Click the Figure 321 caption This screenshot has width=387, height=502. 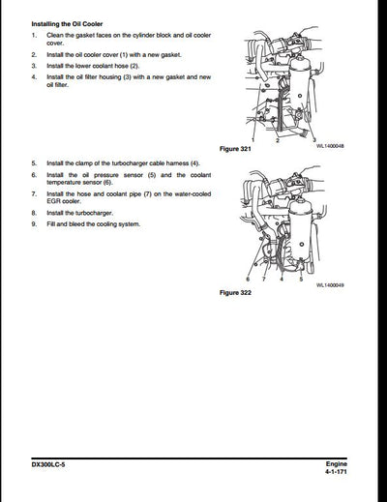coord(237,150)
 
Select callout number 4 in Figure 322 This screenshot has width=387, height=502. coord(280,279)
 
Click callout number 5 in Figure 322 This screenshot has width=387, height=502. coord(301,279)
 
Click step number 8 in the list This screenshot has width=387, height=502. coord(34,211)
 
